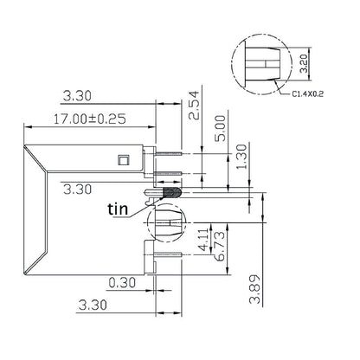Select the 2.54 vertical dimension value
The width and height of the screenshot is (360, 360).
point(193,106)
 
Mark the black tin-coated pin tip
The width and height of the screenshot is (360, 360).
point(170,192)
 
